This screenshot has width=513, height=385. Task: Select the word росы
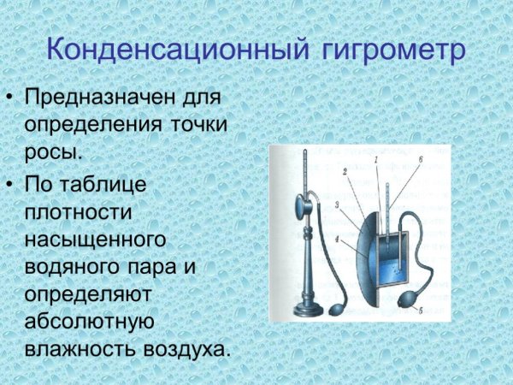(56, 152)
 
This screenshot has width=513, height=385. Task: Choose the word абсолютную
(88, 322)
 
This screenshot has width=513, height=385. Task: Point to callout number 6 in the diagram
(420, 160)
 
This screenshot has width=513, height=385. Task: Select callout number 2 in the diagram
(343, 173)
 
